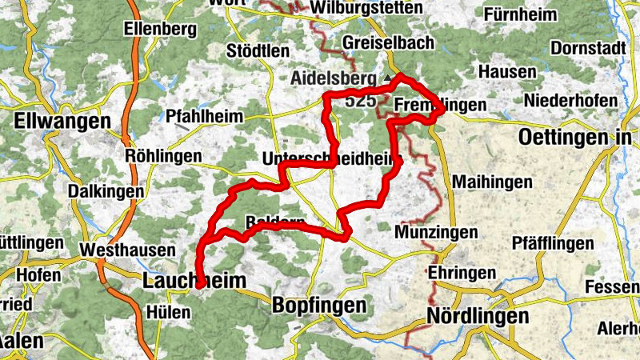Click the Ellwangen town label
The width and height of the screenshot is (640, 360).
(62, 122)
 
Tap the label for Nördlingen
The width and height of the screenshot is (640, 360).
(478, 316)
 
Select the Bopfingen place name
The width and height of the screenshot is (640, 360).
(318, 305)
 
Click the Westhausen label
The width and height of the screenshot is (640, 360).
(128, 250)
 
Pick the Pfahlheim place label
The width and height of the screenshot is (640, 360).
(204, 117)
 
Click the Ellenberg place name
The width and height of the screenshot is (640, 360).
(160, 29)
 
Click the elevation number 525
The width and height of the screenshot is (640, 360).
(361, 101)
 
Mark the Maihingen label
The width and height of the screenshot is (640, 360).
(492, 182)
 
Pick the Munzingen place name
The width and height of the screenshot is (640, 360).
(437, 233)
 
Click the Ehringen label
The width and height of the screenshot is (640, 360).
(462, 273)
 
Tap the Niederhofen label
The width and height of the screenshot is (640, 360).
(570, 101)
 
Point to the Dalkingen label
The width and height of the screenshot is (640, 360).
(106, 192)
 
